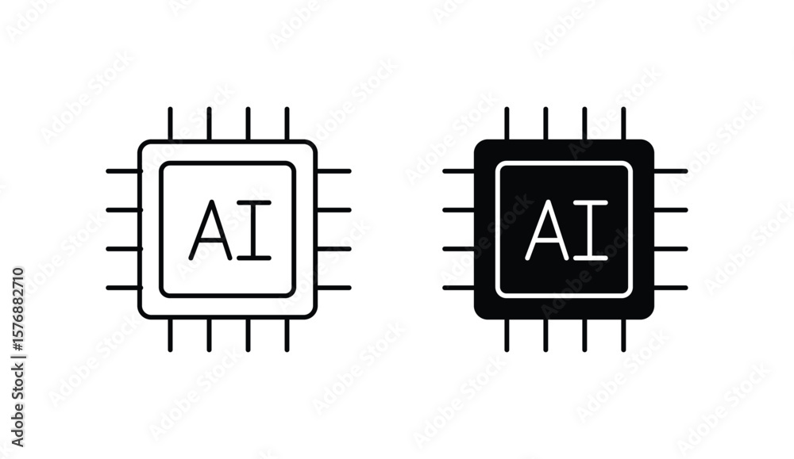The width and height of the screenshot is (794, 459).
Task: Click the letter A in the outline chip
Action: click(210, 230)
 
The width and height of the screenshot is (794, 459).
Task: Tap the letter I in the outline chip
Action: click(254, 230)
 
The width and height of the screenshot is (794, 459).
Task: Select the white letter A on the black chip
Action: click(546, 230)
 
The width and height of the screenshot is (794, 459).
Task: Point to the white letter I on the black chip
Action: click(591, 230)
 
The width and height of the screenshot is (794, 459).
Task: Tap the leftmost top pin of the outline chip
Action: click(170, 124)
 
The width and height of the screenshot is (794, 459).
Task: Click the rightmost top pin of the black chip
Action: click(623, 124)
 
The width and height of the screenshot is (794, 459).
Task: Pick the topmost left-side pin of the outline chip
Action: click(122, 171)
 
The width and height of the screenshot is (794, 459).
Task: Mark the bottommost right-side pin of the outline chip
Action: click(334, 288)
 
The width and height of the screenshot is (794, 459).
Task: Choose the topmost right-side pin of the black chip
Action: click(670, 171)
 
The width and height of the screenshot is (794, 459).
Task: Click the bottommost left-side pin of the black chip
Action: click(459, 288)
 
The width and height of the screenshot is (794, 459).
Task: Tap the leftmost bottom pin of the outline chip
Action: click(170, 335)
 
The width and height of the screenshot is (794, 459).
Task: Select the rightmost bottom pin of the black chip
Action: click(623, 335)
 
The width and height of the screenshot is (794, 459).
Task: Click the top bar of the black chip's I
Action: click(591, 203)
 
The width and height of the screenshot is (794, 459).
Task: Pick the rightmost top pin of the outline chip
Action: click(287, 124)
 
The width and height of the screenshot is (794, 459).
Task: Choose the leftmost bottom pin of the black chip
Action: click(507, 335)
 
